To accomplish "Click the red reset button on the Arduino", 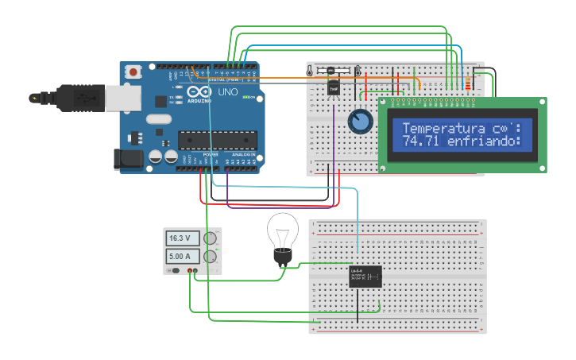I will point(133,72).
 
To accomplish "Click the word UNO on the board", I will point(227,93).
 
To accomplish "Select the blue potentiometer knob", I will point(360,122).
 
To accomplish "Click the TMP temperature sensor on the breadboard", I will point(334,88).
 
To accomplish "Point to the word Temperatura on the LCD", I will point(442,128).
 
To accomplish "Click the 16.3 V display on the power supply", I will point(183,238).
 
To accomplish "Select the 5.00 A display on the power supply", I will point(183,256).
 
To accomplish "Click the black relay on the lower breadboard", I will point(365,276).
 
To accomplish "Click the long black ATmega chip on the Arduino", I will point(218,140).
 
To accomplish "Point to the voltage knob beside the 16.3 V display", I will point(211,238).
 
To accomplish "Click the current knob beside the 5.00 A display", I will point(211,256).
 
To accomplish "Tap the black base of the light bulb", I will point(282,256).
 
